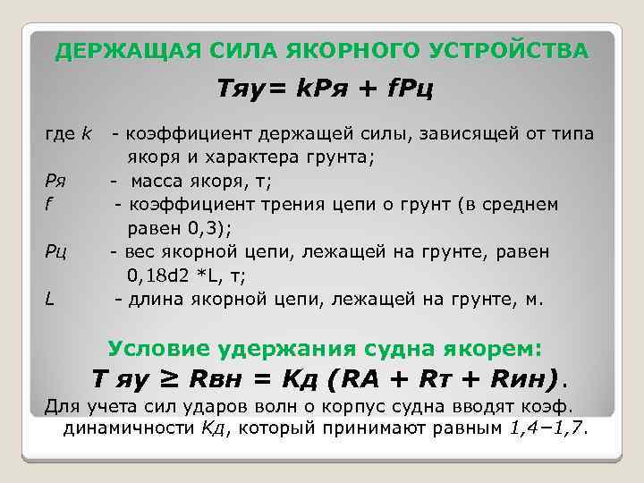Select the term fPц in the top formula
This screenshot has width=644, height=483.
[x=412, y=90]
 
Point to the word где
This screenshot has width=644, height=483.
[x=60, y=135]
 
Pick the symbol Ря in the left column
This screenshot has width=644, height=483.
[x=55, y=182]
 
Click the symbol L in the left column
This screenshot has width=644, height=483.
[x=50, y=298]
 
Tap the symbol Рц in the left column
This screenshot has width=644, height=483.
[x=57, y=251]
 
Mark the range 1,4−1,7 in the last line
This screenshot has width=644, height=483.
[x=545, y=428]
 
